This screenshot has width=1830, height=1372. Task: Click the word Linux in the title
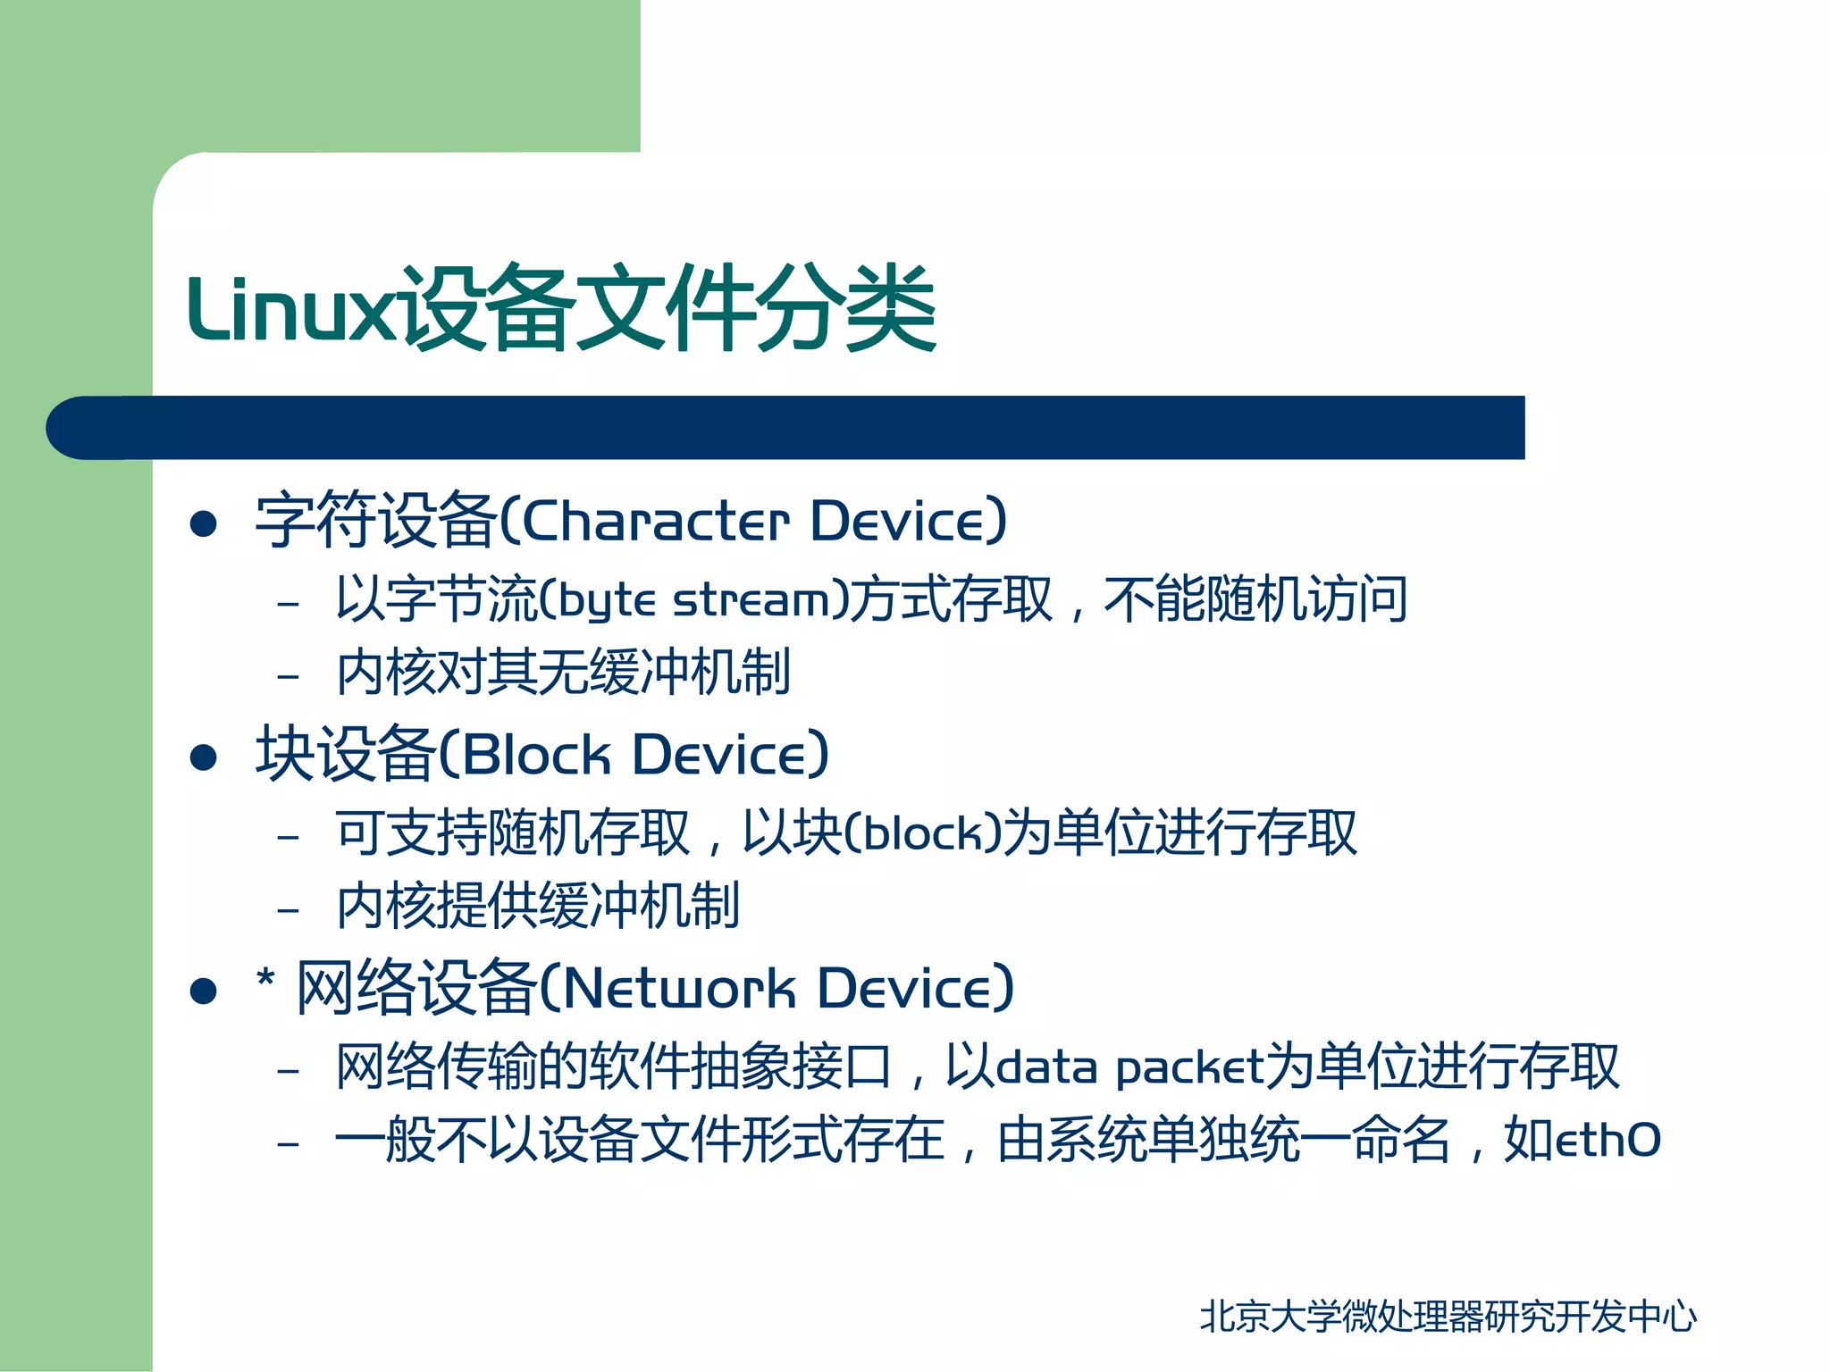(290, 310)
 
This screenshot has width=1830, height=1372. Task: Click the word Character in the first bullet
(655, 521)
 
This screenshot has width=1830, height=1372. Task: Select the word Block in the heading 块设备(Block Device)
(535, 755)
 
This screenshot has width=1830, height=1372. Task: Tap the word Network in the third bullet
(679, 989)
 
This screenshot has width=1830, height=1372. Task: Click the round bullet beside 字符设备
(204, 523)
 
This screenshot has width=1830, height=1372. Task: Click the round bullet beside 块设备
(204, 757)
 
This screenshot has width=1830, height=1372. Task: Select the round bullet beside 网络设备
(204, 991)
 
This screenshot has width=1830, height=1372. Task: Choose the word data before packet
(1046, 1067)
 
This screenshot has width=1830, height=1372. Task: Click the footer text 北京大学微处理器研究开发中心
(1448, 1316)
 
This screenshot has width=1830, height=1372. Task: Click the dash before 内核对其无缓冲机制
(288, 676)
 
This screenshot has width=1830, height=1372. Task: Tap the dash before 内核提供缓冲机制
(288, 910)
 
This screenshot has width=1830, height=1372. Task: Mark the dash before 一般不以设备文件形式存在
(288, 1143)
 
